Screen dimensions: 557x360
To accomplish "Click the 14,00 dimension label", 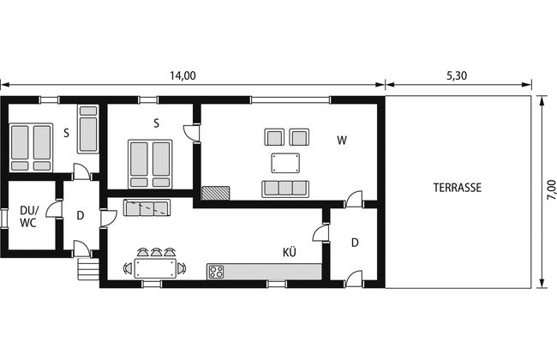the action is click(183, 75).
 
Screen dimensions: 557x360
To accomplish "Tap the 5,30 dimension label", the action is click(457, 75).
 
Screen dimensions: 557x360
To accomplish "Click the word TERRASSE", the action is click(458, 188).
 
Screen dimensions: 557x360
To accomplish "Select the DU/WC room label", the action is click(28, 216).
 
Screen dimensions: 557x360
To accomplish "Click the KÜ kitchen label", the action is click(290, 252).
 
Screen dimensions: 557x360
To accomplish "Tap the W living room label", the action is click(342, 141).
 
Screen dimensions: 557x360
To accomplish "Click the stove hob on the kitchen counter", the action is click(216, 272).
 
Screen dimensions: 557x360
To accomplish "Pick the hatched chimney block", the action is click(215, 193).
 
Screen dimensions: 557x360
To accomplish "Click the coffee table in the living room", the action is click(285, 163).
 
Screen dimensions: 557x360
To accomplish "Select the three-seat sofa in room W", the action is click(285, 189).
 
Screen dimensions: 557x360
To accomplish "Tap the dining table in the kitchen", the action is click(155, 268).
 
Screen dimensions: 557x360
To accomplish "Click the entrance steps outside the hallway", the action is click(88, 268).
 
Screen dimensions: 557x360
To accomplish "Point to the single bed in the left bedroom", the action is click(87, 129).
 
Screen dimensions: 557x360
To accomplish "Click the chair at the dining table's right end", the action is click(182, 268).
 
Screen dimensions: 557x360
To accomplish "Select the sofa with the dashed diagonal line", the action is click(147, 207).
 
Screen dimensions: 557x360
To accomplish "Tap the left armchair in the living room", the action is click(274, 137).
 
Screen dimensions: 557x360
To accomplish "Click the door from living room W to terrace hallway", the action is click(354, 200).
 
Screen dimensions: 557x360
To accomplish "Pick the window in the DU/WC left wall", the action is click(4, 218).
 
